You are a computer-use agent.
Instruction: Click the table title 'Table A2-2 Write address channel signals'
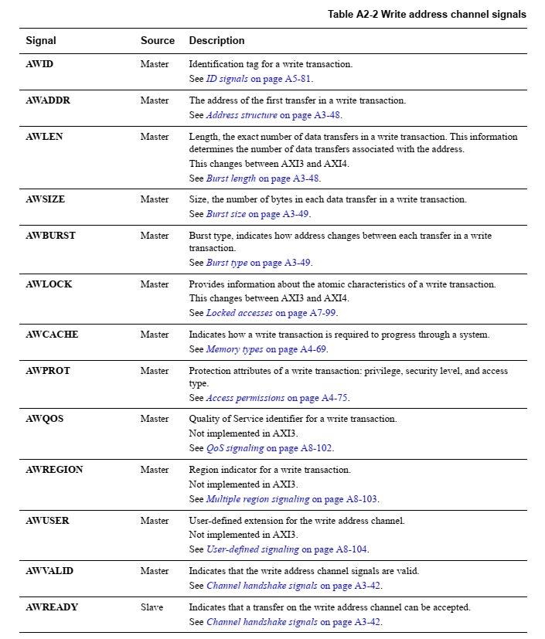(427, 14)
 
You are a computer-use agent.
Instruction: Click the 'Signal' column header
(41, 40)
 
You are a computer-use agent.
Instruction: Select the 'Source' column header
(158, 40)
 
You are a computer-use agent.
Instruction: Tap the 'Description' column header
(216, 40)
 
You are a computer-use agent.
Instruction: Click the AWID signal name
(39, 64)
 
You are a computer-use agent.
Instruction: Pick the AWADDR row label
(48, 100)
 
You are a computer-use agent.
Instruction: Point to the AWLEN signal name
(44, 137)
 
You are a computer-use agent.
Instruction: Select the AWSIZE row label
(46, 199)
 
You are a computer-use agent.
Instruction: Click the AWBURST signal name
(51, 236)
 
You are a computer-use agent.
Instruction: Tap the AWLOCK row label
(49, 284)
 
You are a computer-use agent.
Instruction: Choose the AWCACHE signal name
(52, 335)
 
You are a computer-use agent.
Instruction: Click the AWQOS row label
(45, 419)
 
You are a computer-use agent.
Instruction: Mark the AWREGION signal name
(55, 470)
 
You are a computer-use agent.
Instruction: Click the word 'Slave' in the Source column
(152, 607)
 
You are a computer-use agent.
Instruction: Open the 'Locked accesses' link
(239, 313)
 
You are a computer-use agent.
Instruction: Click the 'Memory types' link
(234, 349)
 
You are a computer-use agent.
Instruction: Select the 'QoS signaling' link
(235, 448)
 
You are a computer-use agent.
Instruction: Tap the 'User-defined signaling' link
(252, 549)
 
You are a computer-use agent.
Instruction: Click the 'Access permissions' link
(245, 398)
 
